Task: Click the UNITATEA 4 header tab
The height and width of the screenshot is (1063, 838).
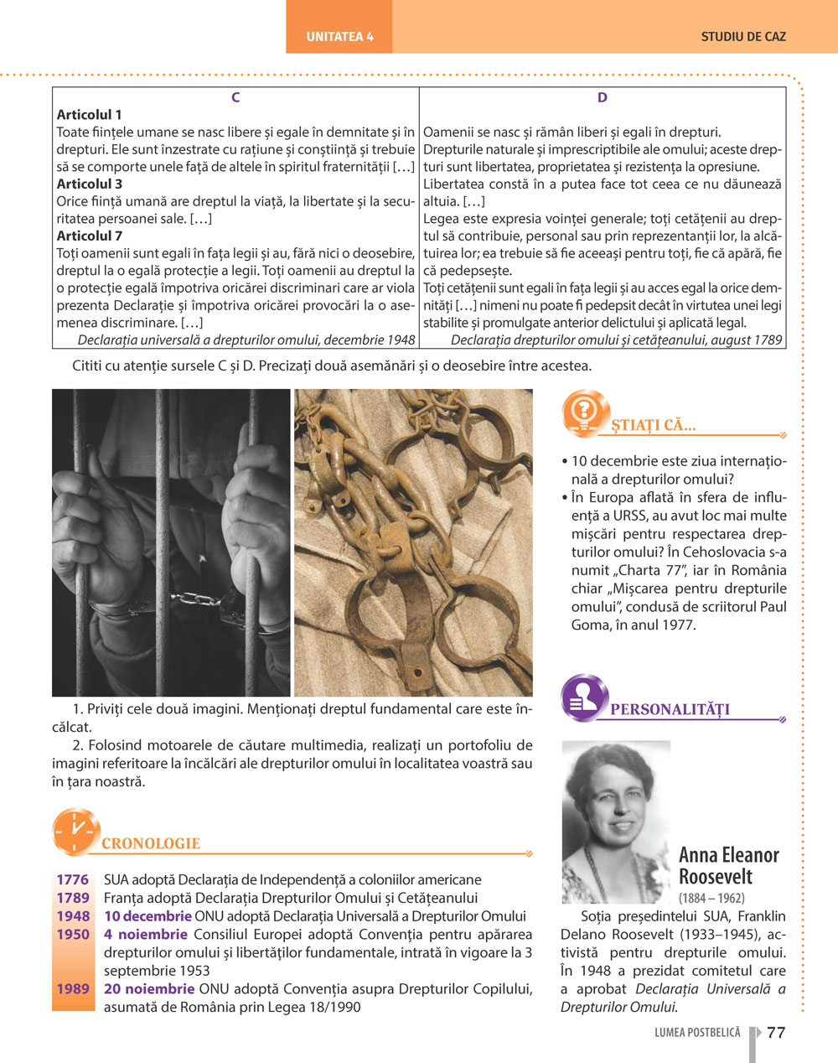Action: (x=339, y=37)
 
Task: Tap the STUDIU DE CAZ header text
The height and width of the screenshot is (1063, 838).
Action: (x=743, y=37)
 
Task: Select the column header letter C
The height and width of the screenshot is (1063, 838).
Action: (x=235, y=97)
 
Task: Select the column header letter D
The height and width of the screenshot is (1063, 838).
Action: (x=603, y=97)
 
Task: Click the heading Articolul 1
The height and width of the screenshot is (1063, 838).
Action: (x=90, y=115)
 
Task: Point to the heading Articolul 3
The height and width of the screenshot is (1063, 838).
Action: (x=90, y=184)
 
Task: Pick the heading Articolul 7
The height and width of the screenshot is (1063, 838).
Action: (x=90, y=236)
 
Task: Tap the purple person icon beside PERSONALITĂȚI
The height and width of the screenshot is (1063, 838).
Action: (x=583, y=697)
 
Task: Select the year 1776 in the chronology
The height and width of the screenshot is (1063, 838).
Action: (x=73, y=879)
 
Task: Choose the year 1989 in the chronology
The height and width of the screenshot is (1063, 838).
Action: (x=73, y=988)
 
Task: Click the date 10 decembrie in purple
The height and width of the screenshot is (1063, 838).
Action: (x=147, y=916)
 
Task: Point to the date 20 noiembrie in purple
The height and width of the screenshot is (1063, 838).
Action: (x=149, y=988)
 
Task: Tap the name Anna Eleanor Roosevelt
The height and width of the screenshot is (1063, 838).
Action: (x=728, y=866)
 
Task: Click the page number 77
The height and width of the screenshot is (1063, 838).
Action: (x=776, y=1032)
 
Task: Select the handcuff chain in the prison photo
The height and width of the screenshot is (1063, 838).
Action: (x=199, y=599)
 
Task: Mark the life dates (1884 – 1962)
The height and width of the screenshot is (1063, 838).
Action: (x=711, y=898)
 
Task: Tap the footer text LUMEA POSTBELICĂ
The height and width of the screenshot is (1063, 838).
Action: (x=697, y=1033)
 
